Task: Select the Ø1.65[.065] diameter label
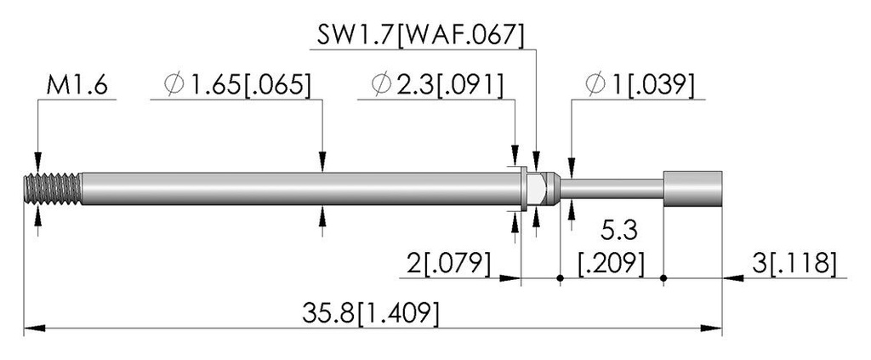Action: (x=237, y=85)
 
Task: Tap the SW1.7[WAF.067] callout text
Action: (x=420, y=36)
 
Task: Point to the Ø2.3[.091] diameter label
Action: (x=438, y=85)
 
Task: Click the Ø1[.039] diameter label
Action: (x=640, y=85)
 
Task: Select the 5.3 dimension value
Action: (x=618, y=231)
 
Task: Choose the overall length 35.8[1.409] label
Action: (x=371, y=314)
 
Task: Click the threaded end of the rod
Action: (x=52, y=188)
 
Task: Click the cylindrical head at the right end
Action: (x=692, y=188)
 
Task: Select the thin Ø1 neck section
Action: (x=612, y=188)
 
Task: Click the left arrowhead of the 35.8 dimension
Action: (x=34, y=329)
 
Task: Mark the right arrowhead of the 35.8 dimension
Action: (x=711, y=329)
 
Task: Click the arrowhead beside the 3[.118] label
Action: (x=732, y=277)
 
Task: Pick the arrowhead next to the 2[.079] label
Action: (x=510, y=277)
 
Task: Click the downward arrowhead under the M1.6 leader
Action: (x=37, y=162)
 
